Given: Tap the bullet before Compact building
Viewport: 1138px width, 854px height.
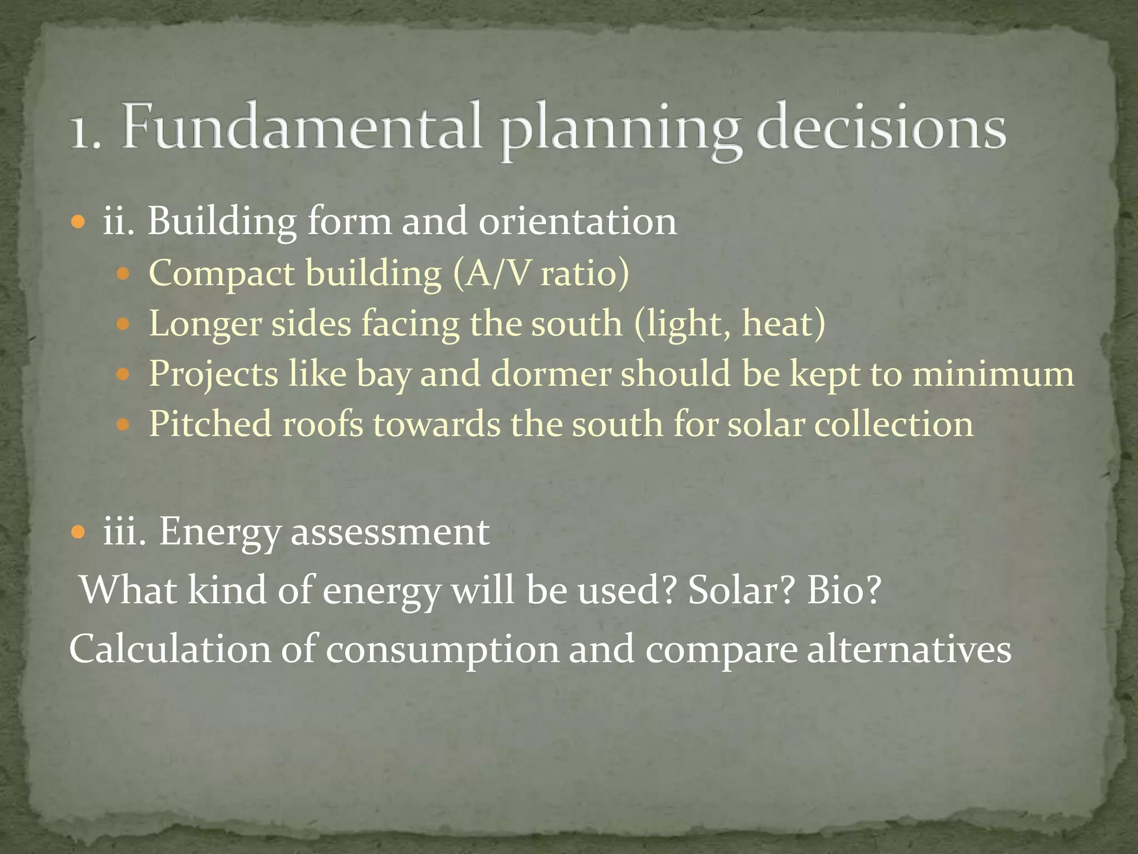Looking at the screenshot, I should tap(123, 274).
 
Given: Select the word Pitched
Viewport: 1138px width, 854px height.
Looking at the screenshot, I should tap(211, 424).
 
